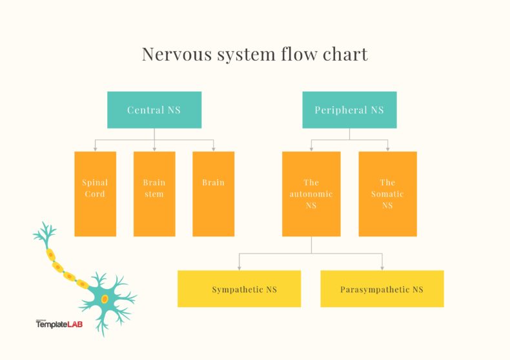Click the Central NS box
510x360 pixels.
click(x=154, y=110)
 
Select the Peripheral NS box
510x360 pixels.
click(x=349, y=110)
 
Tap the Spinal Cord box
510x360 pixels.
click(x=95, y=194)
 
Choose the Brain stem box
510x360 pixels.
click(x=154, y=194)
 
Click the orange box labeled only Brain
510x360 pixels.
click(x=213, y=194)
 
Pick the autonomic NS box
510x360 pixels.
click(x=311, y=194)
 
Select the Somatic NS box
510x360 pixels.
click(x=387, y=194)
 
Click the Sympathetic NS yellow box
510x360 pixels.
click(x=239, y=288)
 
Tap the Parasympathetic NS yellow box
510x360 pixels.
click(x=382, y=288)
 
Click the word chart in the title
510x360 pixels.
click(x=347, y=54)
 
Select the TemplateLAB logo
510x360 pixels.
click(x=60, y=325)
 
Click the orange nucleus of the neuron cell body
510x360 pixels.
click(x=105, y=298)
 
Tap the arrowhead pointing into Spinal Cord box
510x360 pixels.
click(x=95, y=149)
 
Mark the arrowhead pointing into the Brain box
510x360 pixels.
click(x=213, y=149)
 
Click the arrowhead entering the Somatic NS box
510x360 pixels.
click(x=387, y=149)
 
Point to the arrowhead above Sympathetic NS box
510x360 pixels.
click(x=239, y=267)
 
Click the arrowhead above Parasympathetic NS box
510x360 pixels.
click(x=382, y=267)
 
